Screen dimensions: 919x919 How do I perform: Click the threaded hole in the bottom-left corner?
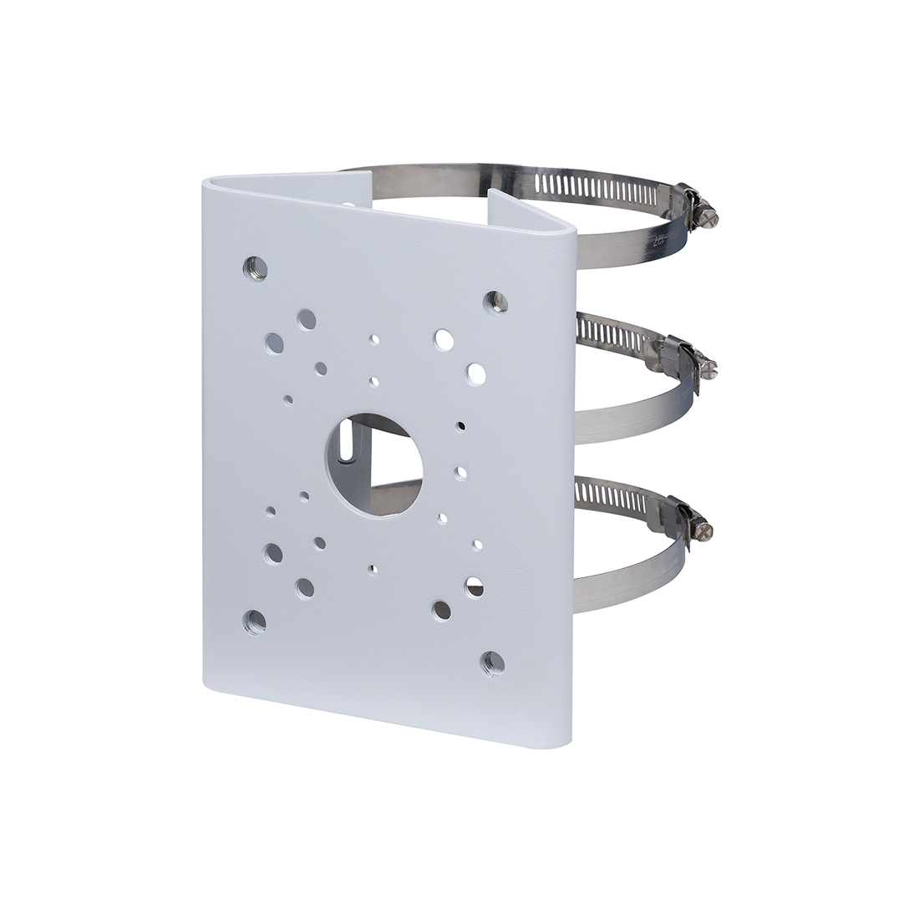[254, 621]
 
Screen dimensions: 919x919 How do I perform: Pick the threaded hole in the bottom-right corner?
[493, 663]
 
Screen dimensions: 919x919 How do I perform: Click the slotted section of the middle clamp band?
[610, 334]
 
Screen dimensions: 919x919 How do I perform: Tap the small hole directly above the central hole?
[373, 382]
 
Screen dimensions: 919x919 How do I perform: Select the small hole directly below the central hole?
[372, 569]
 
